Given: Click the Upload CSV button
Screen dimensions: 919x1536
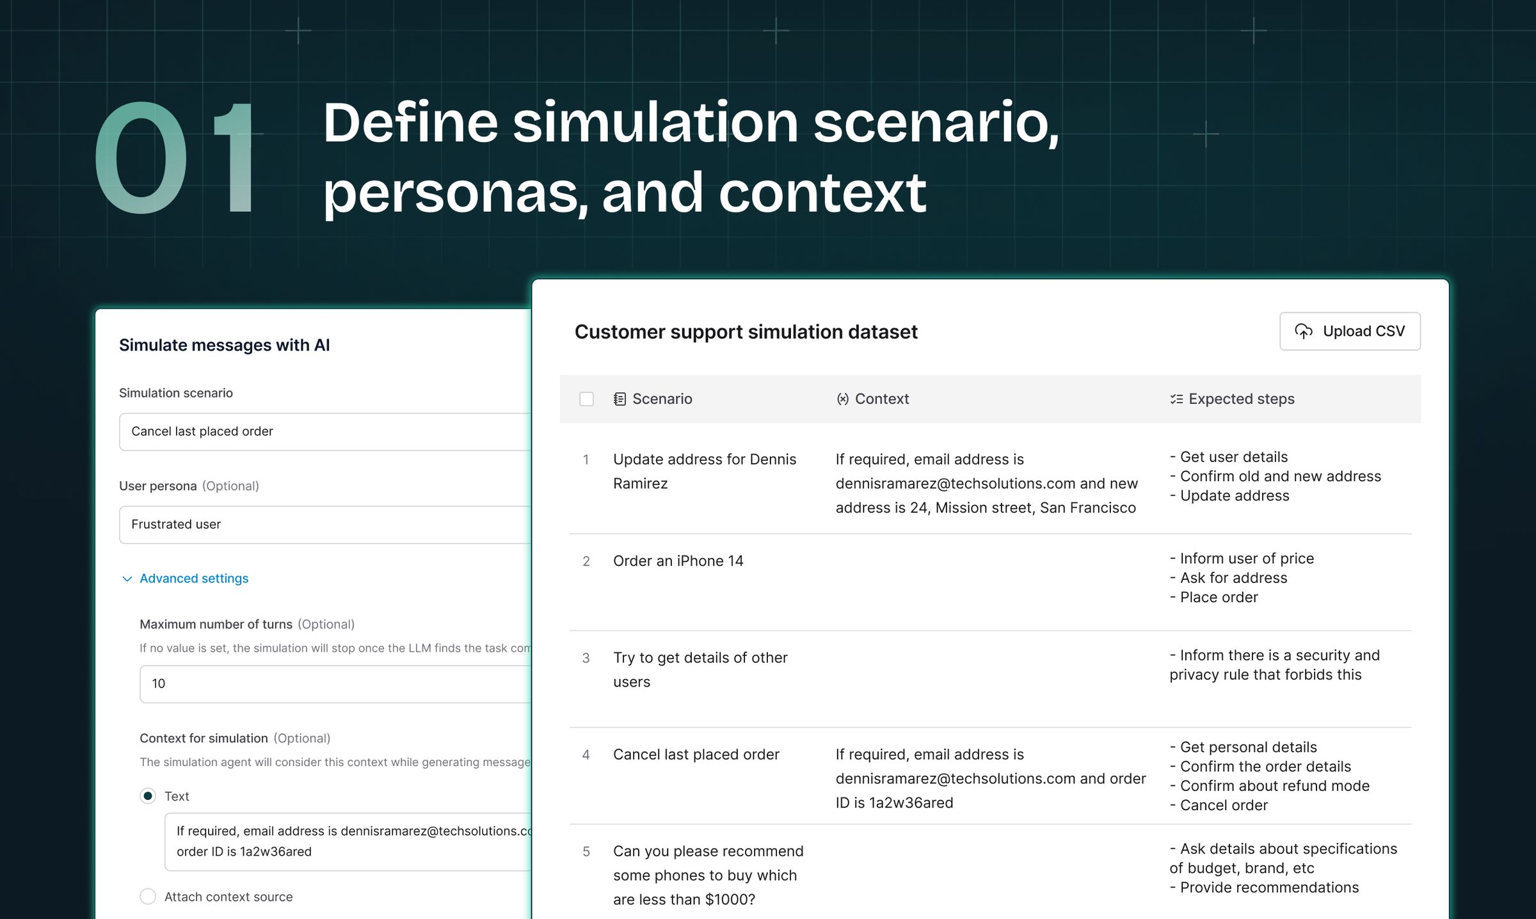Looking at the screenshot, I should tap(1349, 332).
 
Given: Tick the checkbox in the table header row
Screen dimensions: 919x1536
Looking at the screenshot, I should tap(586, 399).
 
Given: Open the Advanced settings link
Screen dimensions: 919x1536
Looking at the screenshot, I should tap(193, 579).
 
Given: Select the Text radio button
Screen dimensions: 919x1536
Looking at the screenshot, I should tap(148, 796).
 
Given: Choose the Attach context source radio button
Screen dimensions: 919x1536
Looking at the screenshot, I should tap(148, 897).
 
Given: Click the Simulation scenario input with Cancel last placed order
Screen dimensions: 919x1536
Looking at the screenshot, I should tap(324, 432).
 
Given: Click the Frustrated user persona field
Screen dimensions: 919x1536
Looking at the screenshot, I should tap(324, 525).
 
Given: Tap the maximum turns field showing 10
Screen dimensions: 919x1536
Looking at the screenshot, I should tap(334, 684).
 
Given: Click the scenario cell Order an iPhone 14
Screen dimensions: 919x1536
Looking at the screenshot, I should tap(678, 561).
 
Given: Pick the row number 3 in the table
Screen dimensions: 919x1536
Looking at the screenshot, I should tap(586, 658).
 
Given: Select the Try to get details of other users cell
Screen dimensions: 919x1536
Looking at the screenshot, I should tap(700, 669).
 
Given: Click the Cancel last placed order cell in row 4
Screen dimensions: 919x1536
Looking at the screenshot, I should tap(696, 755).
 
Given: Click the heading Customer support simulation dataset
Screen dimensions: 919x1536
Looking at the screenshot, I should tap(746, 332).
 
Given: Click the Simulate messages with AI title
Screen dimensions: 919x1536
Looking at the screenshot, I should tap(224, 346).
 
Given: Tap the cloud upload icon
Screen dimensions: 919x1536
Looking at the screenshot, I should tap(1304, 332).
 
